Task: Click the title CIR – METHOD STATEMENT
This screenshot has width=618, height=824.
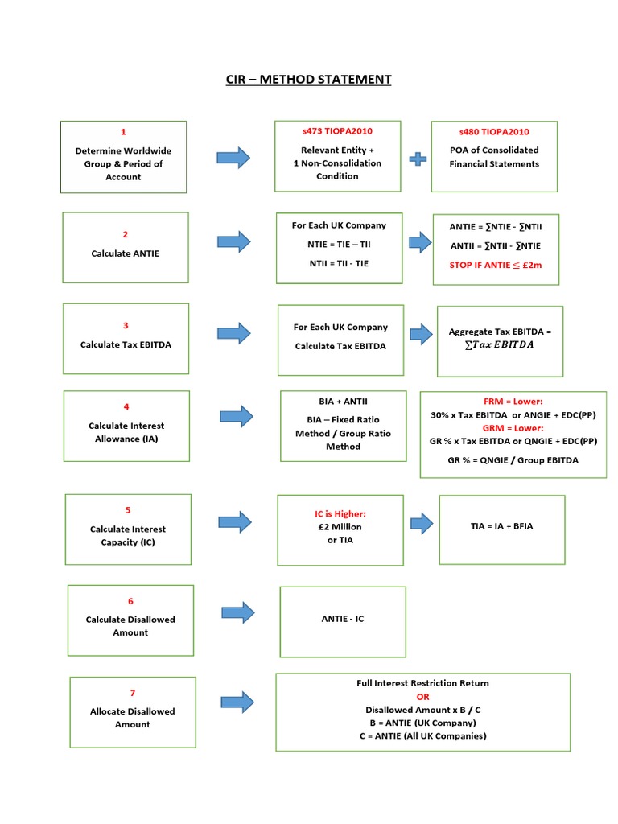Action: [308, 79]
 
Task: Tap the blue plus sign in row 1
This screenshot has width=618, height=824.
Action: [418, 158]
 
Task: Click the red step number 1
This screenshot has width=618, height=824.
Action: [123, 132]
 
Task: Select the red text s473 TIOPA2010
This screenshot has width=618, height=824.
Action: [337, 130]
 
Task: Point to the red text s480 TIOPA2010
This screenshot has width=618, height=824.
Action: [494, 132]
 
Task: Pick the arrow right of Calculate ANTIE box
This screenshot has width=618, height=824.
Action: [234, 241]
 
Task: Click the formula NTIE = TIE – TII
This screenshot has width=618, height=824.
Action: [339, 244]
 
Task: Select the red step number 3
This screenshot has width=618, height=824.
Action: [126, 326]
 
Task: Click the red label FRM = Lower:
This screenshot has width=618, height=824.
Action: [513, 401]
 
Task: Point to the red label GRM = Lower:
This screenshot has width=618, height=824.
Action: [513, 428]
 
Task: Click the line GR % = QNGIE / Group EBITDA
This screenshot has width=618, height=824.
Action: [513, 460]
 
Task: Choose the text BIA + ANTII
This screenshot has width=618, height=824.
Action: [343, 401]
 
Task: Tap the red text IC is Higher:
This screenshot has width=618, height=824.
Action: [340, 513]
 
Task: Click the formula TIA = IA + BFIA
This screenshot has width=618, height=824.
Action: [501, 526]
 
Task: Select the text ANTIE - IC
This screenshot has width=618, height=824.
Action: [343, 619]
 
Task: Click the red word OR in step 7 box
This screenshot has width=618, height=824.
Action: [423, 697]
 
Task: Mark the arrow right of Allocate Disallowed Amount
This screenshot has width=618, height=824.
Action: [237, 702]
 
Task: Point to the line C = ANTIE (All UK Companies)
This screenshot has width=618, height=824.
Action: [423, 736]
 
